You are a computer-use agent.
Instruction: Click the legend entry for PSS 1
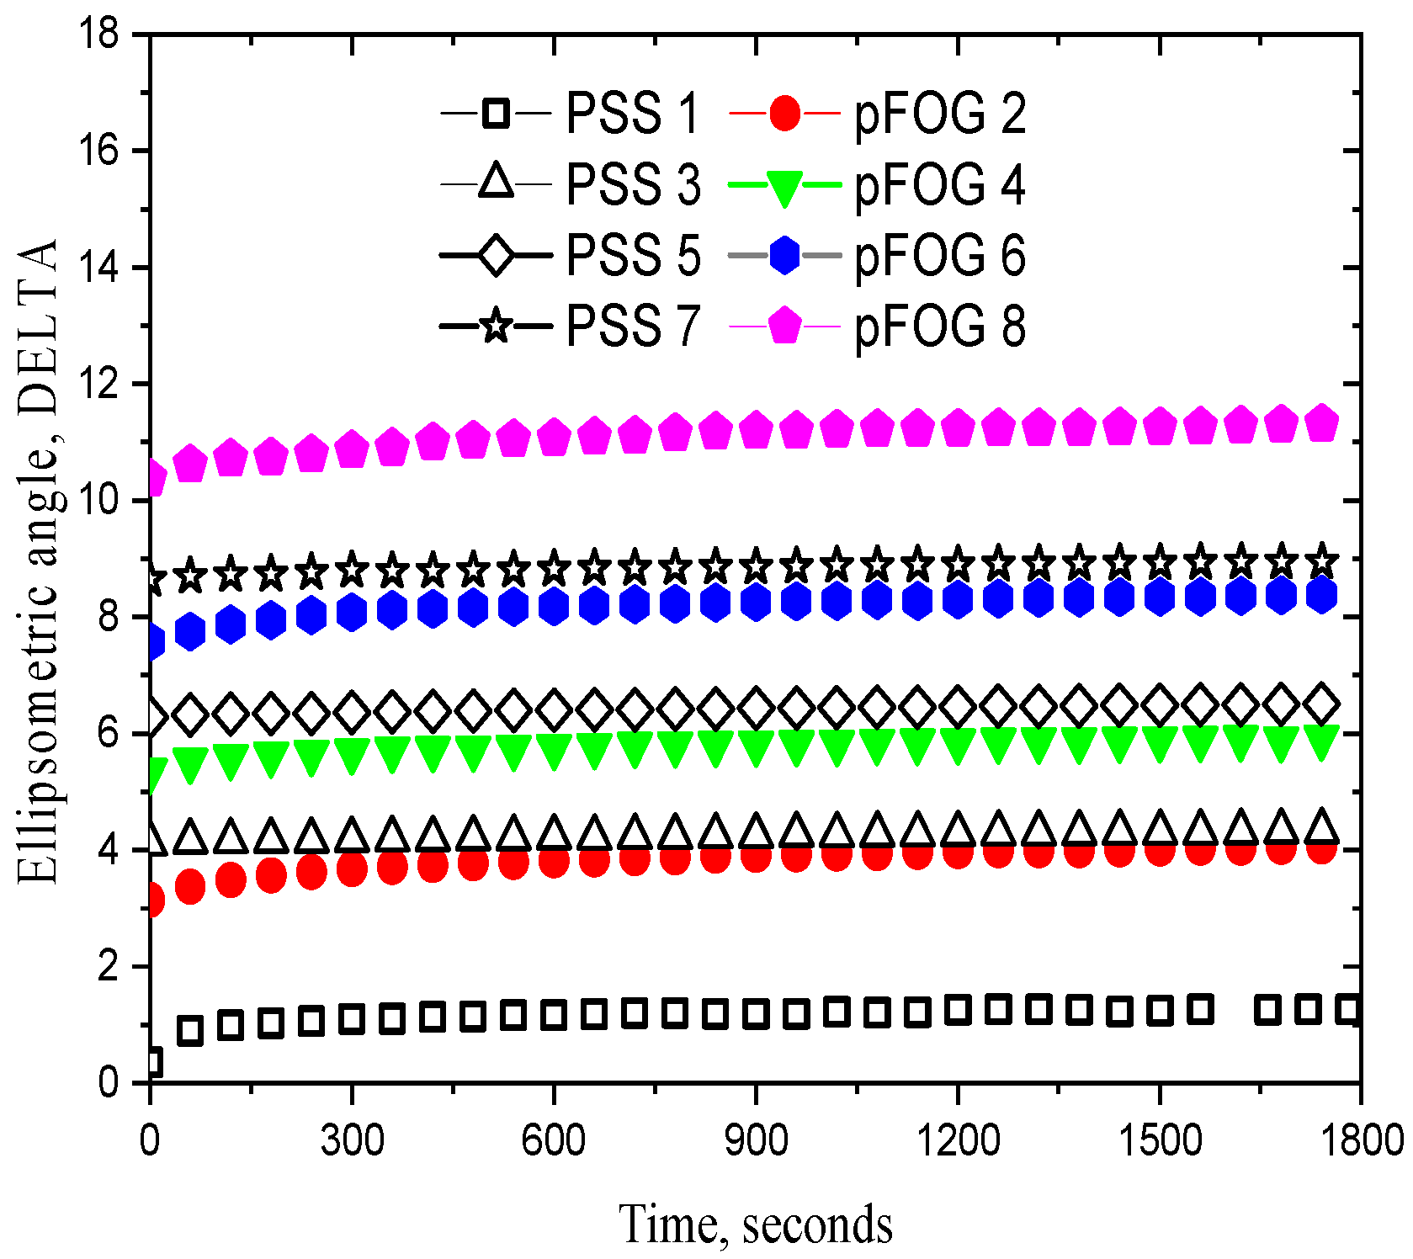(x=632, y=113)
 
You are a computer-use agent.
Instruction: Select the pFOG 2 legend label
(x=939, y=113)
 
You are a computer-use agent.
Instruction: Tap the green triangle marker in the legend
(x=784, y=187)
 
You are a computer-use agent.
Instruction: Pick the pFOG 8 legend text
(x=939, y=327)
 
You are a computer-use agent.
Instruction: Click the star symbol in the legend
(x=496, y=325)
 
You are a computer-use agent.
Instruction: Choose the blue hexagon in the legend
(x=784, y=255)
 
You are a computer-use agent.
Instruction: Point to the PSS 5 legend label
(x=632, y=255)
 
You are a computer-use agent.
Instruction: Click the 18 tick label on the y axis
(x=99, y=35)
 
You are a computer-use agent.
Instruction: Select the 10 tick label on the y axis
(x=99, y=501)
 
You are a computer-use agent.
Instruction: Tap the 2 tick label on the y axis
(x=109, y=967)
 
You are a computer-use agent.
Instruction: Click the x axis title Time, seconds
(x=755, y=1224)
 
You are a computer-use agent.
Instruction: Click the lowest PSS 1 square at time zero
(x=151, y=1062)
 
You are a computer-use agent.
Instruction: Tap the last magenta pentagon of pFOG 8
(x=1321, y=422)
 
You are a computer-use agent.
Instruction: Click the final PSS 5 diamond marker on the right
(x=1321, y=704)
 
